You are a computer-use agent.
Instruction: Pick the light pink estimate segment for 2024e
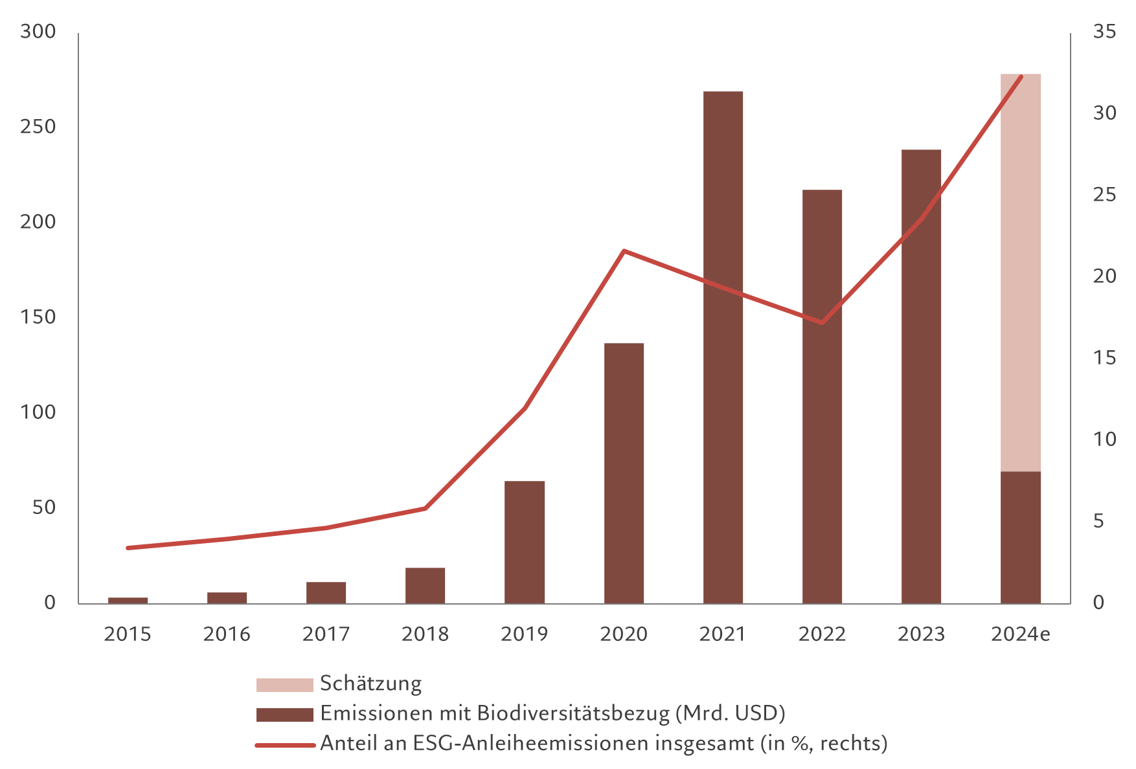tap(1021, 272)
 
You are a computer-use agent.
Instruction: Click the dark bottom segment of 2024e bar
tap(1021, 537)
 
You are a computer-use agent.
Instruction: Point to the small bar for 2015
tap(128, 600)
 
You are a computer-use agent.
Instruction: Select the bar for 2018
tap(426, 585)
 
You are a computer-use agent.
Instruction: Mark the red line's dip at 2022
tap(822, 322)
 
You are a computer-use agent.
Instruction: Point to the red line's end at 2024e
tap(1021, 77)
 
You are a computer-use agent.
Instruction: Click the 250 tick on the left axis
tap(38, 127)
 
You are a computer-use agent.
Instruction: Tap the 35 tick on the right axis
tap(1104, 32)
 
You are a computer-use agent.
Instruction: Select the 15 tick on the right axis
tap(1104, 358)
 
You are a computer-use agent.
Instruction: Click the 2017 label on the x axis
tap(326, 634)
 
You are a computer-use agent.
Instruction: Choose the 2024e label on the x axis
tap(1021, 634)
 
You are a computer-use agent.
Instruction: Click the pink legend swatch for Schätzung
tap(284, 685)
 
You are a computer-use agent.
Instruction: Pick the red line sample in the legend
tap(284, 744)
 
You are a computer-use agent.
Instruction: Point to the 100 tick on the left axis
tap(38, 412)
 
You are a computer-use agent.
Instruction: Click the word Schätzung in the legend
tap(370, 684)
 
